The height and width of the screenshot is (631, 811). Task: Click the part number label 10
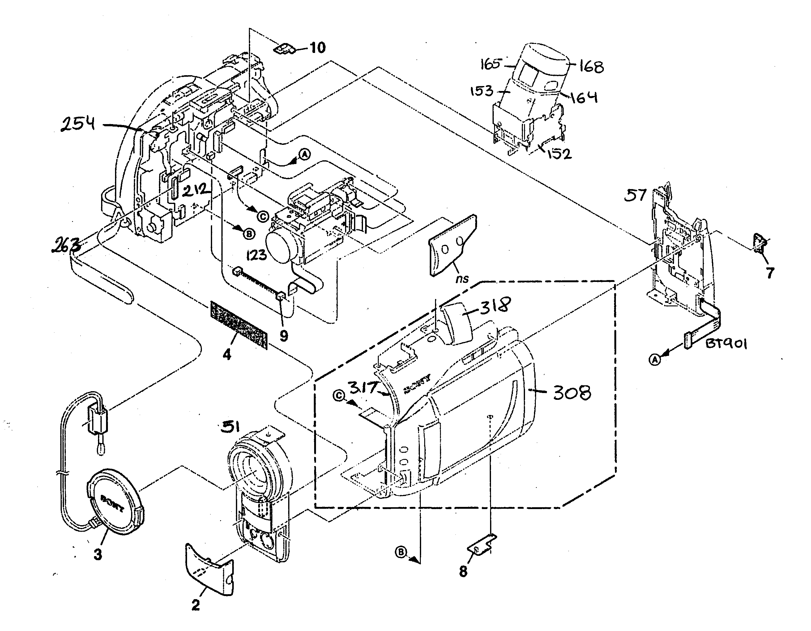(318, 48)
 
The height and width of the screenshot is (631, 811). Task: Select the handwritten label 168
(591, 67)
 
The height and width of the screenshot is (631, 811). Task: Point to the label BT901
(726, 344)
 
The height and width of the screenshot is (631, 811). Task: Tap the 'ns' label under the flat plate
(462, 278)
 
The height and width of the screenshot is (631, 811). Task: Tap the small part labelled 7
(760, 244)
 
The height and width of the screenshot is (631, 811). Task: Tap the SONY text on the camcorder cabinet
(417, 385)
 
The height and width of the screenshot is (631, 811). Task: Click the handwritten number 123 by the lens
(256, 255)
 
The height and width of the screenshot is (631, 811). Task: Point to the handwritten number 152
(560, 153)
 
